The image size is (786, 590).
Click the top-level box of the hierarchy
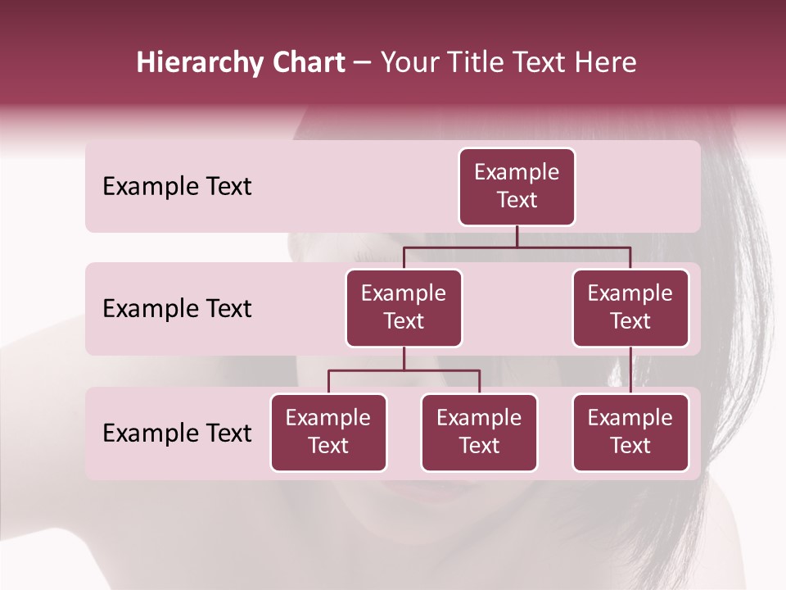click(x=517, y=187)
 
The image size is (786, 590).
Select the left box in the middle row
click(x=404, y=308)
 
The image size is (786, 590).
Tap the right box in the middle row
click(x=630, y=308)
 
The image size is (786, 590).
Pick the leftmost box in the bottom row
click(x=328, y=433)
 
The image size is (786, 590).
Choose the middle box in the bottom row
click(x=479, y=433)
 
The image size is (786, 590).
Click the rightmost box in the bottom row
click(x=630, y=433)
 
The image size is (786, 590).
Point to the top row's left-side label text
click(x=177, y=187)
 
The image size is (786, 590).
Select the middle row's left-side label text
click(x=177, y=309)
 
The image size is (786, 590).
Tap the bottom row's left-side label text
click(x=177, y=433)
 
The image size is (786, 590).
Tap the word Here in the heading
click(x=606, y=62)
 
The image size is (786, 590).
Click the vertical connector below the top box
click(x=517, y=236)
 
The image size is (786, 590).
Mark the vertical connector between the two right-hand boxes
click(x=630, y=370)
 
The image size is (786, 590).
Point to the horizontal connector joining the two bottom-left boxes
click(x=404, y=370)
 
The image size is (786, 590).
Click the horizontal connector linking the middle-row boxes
click(x=517, y=247)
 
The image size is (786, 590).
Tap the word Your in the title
click(x=410, y=62)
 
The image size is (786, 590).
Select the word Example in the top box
click(x=517, y=172)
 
